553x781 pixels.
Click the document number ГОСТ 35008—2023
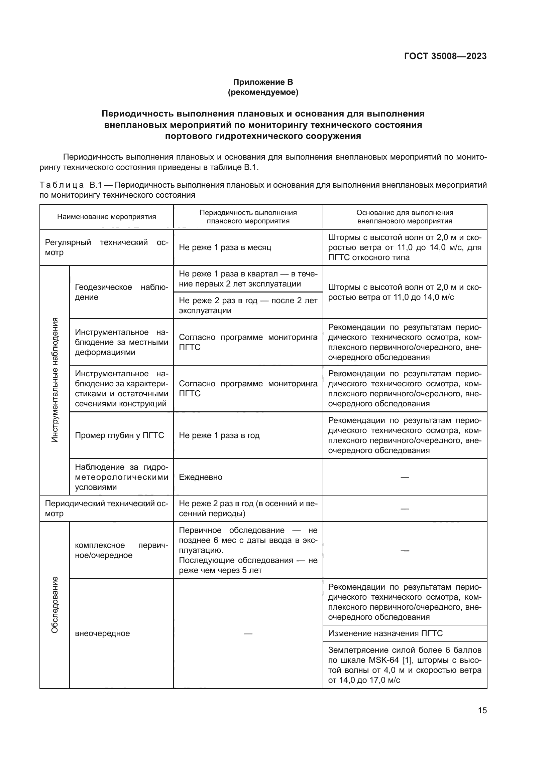pos(445,56)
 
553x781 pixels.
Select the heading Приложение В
pos(263,82)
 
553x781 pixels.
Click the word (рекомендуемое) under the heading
pos(263,92)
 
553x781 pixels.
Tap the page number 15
pos(482,710)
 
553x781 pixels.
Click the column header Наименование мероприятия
pos(107,217)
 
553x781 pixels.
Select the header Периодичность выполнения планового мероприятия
pos(248,217)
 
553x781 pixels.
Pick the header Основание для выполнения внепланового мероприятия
pos(405,217)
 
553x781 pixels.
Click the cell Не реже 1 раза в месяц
pos(225,247)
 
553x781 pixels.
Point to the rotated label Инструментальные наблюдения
pos(55,380)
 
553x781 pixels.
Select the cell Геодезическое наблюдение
pos(121,292)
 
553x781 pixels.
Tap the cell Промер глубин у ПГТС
pos(119,435)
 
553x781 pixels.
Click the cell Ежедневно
pos(201,477)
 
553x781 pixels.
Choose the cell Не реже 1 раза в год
pos(219,435)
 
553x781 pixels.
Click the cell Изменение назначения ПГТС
pos(385,633)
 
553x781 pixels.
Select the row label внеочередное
pos(103,633)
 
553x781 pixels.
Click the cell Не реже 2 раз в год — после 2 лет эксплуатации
pos(248,305)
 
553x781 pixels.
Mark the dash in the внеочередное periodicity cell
pos(248,633)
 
